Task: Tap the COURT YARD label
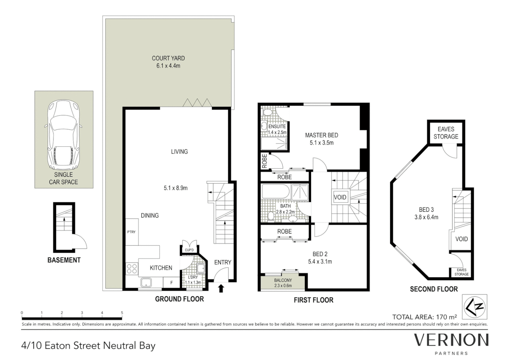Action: pos(168,58)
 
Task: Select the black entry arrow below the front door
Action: pos(221,288)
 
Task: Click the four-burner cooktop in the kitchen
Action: pos(132,269)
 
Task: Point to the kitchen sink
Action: pos(146,283)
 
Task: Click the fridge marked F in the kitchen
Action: pos(172,283)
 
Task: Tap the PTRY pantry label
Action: pos(131,232)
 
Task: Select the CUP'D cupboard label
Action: pos(189,250)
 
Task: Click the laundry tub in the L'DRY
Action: pos(200,268)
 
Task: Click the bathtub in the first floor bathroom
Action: pos(275,192)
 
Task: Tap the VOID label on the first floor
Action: pos(340,197)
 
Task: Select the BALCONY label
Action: pos(283,280)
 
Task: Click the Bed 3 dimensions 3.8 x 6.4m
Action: pos(426,217)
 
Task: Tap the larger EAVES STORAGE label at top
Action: pos(446,133)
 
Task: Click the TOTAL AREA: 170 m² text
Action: pos(424,317)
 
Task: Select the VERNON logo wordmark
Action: pos(451,340)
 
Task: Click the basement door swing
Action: pos(80,242)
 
